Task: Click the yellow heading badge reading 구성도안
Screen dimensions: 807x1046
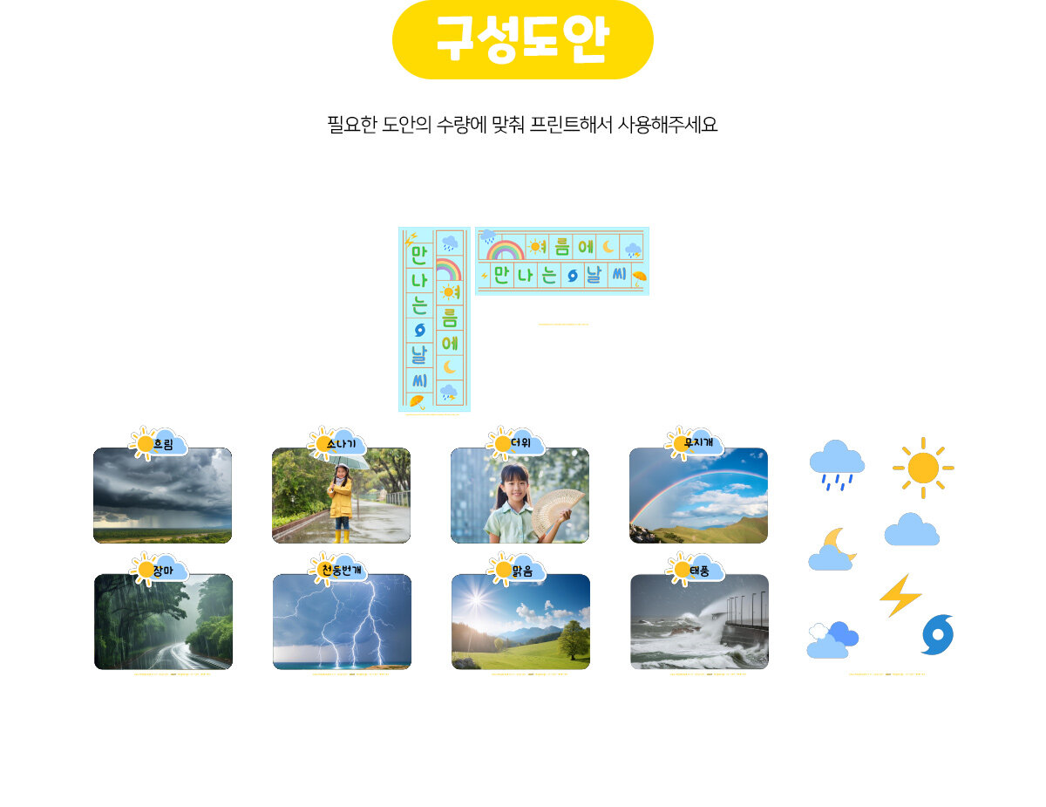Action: pos(522,40)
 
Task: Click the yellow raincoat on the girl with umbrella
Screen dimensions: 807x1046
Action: pos(340,499)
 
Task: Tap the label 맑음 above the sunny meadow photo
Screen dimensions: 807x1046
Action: pos(522,571)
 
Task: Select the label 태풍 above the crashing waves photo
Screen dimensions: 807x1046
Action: pos(700,571)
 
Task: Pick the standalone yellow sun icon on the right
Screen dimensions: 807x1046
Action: pos(922,468)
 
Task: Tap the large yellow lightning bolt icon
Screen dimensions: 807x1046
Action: pos(900,595)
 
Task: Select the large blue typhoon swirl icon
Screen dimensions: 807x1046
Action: pos(938,635)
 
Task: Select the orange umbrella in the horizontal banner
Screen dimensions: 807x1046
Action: pos(639,278)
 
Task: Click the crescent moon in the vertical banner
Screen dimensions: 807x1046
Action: pos(450,366)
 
